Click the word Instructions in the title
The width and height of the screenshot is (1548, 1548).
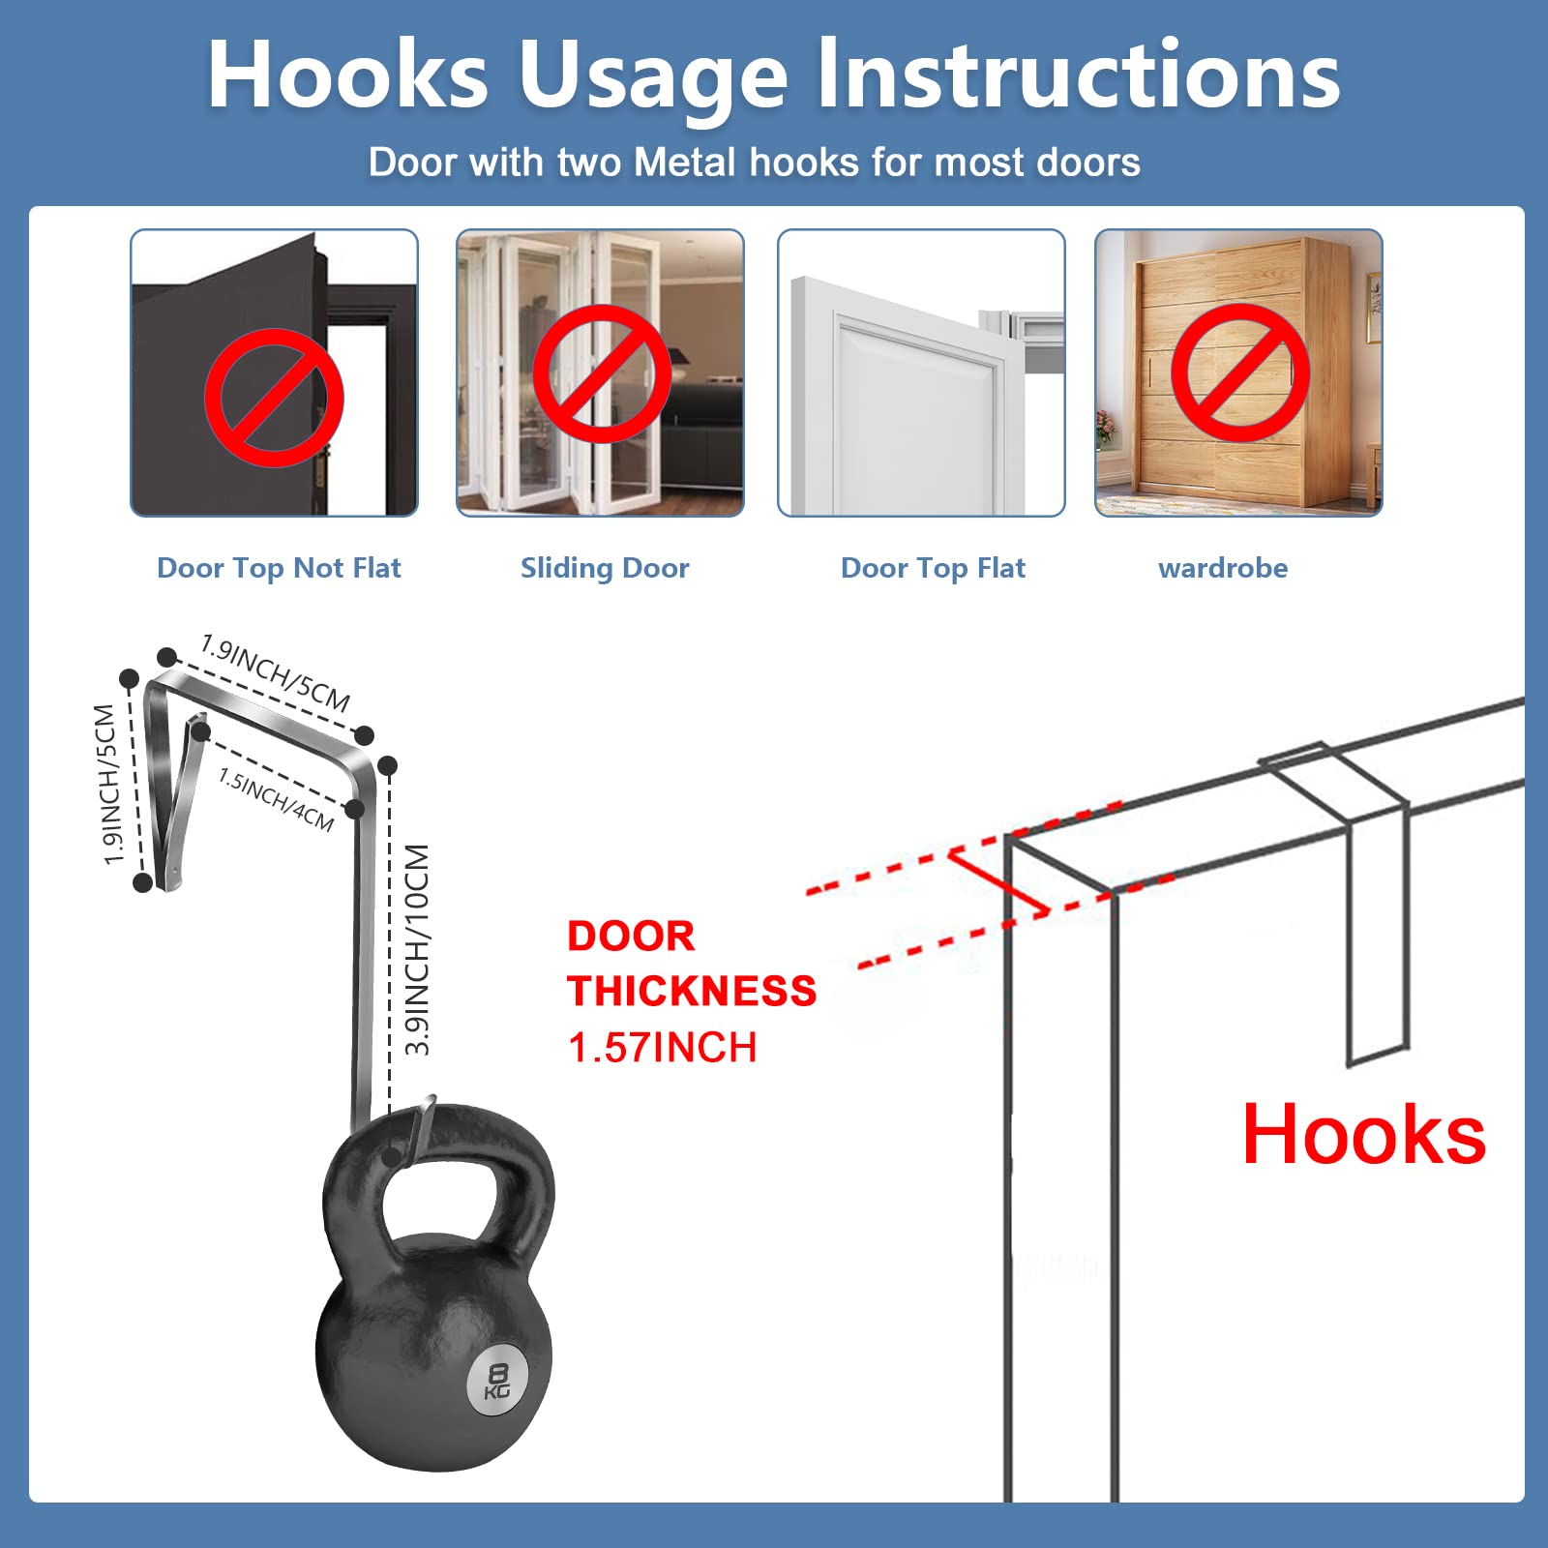click(1079, 74)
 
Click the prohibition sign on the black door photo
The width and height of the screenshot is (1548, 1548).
click(274, 398)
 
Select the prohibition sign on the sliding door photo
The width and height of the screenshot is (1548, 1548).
click(602, 373)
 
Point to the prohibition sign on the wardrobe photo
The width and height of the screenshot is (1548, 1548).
click(1240, 372)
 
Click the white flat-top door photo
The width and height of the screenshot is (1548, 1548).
click(921, 372)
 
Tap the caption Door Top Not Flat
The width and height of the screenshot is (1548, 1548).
click(279, 568)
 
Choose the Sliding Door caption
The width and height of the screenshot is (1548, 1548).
click(605, 568)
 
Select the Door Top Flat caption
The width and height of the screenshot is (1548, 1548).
click(933, 568)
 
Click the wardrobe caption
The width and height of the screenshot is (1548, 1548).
click(1223, 568)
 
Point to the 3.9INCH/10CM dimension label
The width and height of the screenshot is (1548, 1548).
click(417, 950)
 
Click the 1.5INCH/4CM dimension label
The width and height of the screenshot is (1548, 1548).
click(277, 799)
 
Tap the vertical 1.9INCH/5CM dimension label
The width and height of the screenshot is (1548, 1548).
click(110, 784)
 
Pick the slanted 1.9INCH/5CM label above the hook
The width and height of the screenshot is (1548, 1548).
click(276, 672)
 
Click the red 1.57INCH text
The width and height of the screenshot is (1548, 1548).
click(663, 1048)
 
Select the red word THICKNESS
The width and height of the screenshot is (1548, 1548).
click(692, 992)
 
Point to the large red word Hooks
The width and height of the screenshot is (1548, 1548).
click(1364, 1134)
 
